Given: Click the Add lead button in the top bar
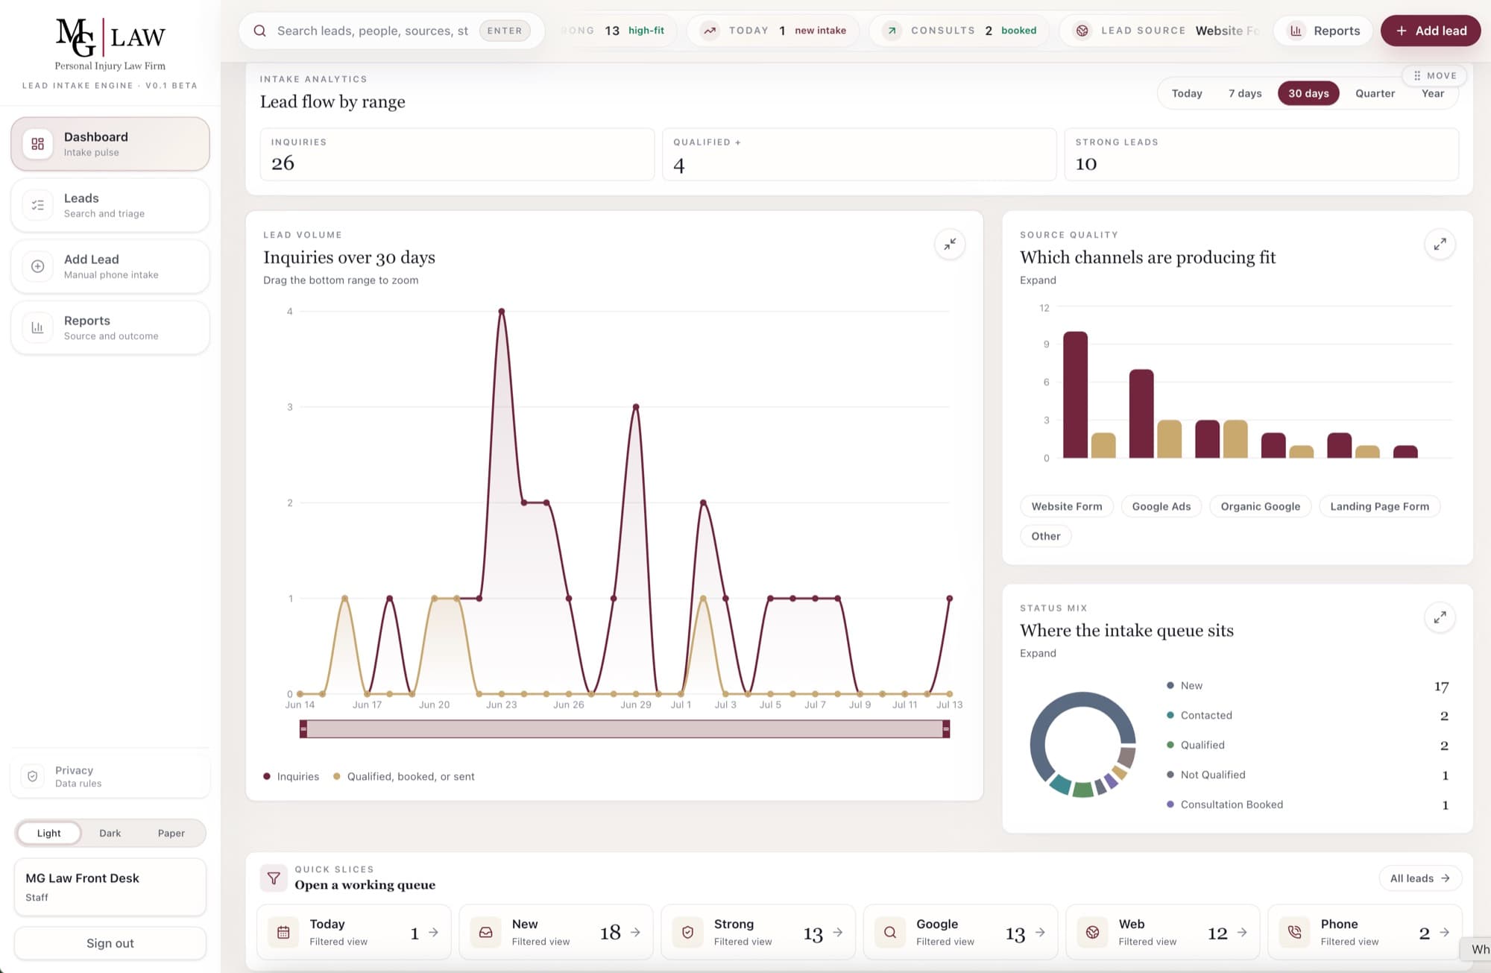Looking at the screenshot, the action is coord(1430,31).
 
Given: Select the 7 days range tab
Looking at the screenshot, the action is coord(1245,93).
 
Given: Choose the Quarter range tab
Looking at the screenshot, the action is coord(1375,93).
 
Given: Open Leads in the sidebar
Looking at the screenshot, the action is coord(110,205).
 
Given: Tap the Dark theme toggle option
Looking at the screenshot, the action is coord(110,833).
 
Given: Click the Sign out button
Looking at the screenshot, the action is coord(110,943).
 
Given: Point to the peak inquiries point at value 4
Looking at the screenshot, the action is coord(502,311).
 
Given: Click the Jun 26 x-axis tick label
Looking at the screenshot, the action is coord(568,705).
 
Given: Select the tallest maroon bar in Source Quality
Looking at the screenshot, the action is coord(1075,394).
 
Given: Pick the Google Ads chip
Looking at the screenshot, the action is coord(1161,506).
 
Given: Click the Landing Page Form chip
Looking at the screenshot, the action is coord(1379,506).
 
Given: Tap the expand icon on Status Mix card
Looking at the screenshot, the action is coord(1440,617).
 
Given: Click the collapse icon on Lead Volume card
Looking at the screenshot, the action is coord(950,245).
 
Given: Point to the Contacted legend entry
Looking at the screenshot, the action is coord(1200,715).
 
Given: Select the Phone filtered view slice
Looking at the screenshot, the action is coord(1365,932).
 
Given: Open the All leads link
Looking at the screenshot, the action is coord(1419,878).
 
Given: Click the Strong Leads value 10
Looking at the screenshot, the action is coord(1086,164).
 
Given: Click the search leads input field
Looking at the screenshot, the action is coord(373,31).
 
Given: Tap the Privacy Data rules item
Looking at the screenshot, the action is coord(110,776).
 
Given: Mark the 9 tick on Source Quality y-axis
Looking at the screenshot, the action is coord(1046,344).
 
